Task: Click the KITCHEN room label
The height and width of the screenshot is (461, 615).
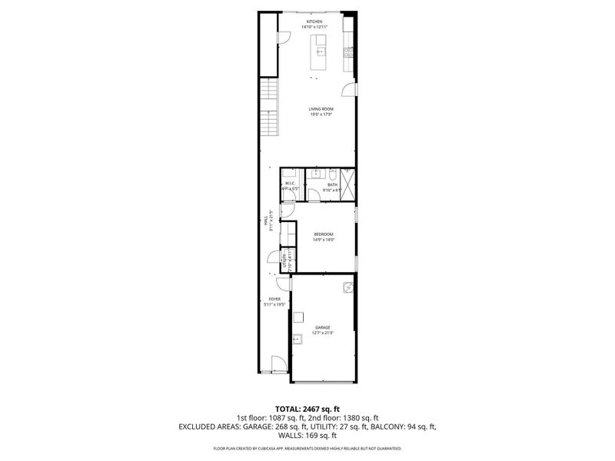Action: pyautogui.click(x=317, y=22)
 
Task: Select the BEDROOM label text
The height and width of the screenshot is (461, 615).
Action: pyautogui.click(x=323, y=234)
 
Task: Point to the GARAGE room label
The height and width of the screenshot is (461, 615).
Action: pyautogui.click(x=321, y=327)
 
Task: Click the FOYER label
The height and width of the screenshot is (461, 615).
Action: pyautogui.click(x=274, y=299)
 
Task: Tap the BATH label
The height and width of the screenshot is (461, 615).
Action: pyautogui.click(x=332, y=184)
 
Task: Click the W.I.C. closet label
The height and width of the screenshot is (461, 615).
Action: pyautogui.click(x=290, y=183)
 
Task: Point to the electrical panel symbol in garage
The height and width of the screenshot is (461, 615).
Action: pyautogui.click(x=347, y=289)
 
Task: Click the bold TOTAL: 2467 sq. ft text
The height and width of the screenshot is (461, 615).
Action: pyautogui.click(x=307, y=408)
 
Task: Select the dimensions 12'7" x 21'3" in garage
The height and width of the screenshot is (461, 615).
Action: pyautogui.click(x=321, y=333)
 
